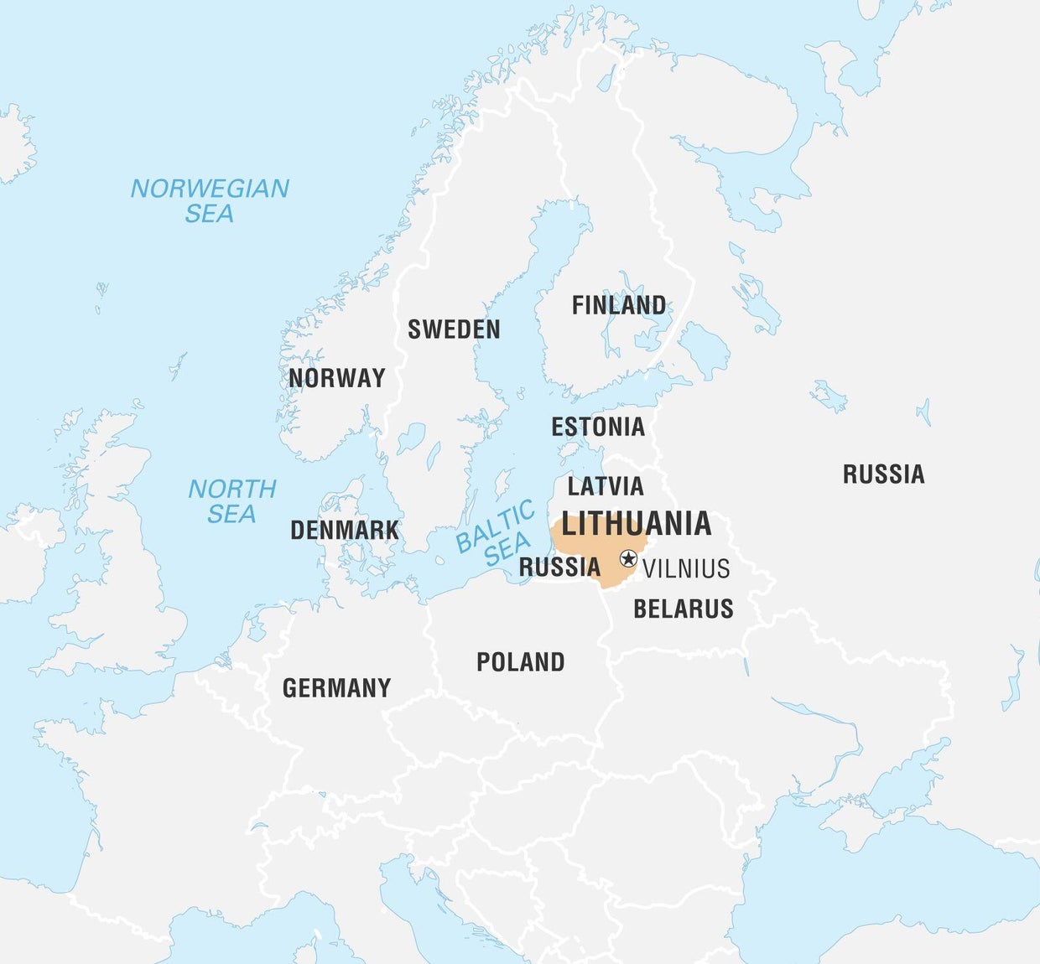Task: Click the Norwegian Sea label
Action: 210,200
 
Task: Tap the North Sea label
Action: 231,500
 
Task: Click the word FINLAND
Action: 619,305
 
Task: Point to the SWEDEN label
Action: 454,329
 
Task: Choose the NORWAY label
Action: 336,378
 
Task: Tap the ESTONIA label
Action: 598,427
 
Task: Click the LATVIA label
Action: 606,486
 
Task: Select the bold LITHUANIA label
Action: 637,524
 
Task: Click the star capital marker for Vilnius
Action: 628,558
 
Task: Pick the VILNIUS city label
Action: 686,569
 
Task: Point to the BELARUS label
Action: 684,609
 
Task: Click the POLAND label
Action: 520,662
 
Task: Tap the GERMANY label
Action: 336,688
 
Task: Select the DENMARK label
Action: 345,530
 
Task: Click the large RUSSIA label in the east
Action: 883,474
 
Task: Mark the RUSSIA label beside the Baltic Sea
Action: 559,568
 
